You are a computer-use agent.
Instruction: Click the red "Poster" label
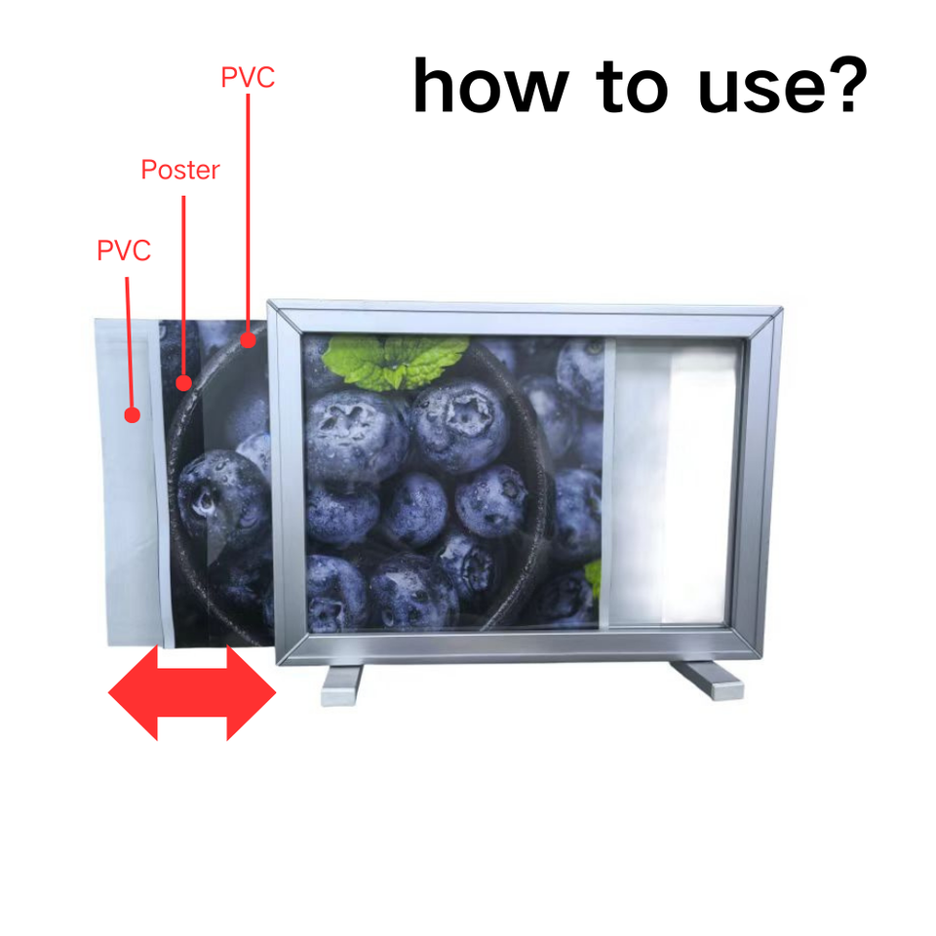click(180, 170)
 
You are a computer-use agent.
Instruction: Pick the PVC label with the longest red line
click(248, 77)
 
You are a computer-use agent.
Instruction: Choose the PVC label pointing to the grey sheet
click(124, 251)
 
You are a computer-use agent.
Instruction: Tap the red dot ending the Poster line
click(184, 382)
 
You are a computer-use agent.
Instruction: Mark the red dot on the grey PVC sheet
click(132, 414)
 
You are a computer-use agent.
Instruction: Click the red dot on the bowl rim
click(248, 340)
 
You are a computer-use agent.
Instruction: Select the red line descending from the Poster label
click(183, 289)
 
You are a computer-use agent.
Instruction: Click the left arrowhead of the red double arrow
click(133, 693)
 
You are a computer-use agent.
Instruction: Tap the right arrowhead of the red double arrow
click(252, 693)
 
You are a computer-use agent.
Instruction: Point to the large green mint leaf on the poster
click(394, 360)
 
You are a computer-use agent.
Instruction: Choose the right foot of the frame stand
click(708, 680)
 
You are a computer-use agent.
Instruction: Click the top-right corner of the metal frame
click(781, 309)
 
